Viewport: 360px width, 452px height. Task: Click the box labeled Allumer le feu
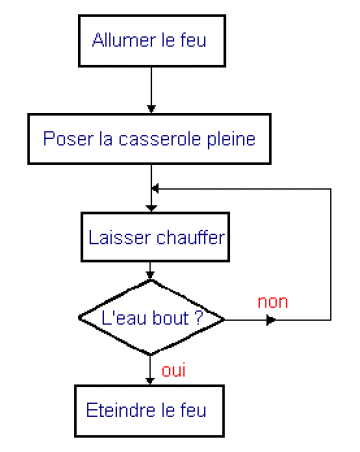coord(150,42)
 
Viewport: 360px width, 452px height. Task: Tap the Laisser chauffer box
coord(150,238)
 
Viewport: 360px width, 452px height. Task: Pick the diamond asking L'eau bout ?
coord(150,317)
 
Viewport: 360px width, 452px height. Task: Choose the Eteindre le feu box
coord(150,410)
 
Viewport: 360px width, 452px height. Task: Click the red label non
coord(273,301)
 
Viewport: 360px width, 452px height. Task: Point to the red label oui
coord(173,371)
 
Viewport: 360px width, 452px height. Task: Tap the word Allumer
coord(119,42)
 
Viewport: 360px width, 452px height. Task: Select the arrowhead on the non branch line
coord(270,320)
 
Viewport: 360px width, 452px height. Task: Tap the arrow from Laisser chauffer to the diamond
coord(150,271)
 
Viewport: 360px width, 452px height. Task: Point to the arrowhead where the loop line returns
coord(154,188)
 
